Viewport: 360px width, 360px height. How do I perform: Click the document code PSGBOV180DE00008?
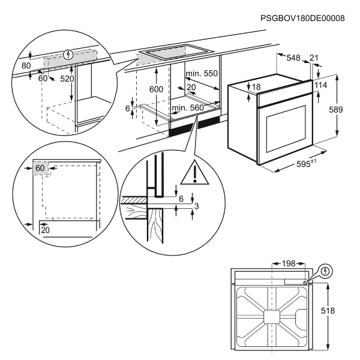[303, 19]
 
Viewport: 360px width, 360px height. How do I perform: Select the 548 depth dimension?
[293, 58]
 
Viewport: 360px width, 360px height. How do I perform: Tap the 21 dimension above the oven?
[314, 58]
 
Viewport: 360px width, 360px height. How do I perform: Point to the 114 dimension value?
[320, 86]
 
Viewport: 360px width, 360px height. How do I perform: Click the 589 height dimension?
[337, 110]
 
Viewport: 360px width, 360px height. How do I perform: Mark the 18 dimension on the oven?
[256, 88]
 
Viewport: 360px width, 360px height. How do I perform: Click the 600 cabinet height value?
[156, 88]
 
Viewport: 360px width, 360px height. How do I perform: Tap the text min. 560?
[188, 108]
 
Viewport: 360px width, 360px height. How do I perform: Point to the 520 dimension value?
[67, 79]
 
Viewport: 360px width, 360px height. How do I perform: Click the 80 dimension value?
[26, 65]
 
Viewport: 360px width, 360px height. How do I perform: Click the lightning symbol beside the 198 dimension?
[325, 271]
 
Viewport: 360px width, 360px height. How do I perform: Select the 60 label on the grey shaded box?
[40, 169]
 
